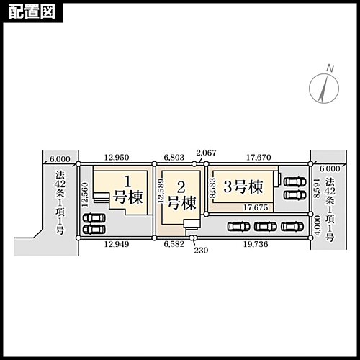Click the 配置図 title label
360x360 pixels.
[32, 12]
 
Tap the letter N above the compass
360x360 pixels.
[330, 69]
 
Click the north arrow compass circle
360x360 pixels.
[324, 89]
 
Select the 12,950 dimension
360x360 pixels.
[117, 158]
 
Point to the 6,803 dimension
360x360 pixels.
[174, 158]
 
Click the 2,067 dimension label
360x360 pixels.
[206, 153]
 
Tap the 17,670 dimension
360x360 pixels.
[258, 158]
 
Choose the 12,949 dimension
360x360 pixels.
[117, 244]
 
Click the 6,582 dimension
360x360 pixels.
[174, 244]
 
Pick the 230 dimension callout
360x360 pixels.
[201, 251]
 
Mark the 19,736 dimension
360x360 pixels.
[256, 244]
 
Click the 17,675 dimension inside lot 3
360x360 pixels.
[256, 207]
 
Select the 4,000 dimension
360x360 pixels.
[318, 225]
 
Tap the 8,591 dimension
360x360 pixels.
[317, 188]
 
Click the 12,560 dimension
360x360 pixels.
[85, 195]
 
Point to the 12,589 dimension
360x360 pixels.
[161, 192]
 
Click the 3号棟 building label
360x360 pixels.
[243, 186]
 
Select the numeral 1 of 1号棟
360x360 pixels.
[128, 181]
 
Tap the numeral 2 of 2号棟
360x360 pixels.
[181, 187]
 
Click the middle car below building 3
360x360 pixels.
[266, 227]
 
